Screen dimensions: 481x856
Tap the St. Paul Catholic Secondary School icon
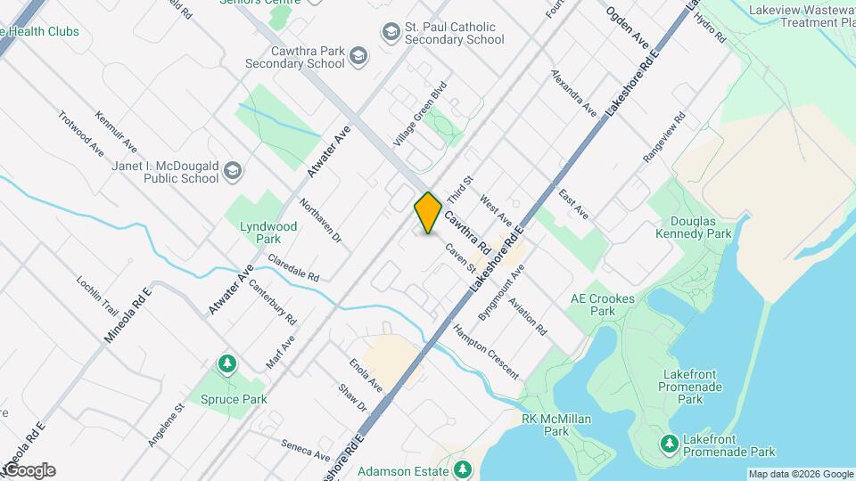point(390,33)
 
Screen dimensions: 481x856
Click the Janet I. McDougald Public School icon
point(232,171)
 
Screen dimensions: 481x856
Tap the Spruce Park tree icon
point(229,364)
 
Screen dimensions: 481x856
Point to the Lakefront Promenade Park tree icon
point(669,443)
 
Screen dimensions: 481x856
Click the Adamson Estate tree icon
point(461,469)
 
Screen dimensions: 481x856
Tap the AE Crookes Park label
point(603,306)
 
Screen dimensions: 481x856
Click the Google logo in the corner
point(29,470)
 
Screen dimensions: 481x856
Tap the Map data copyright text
point(801,474)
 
